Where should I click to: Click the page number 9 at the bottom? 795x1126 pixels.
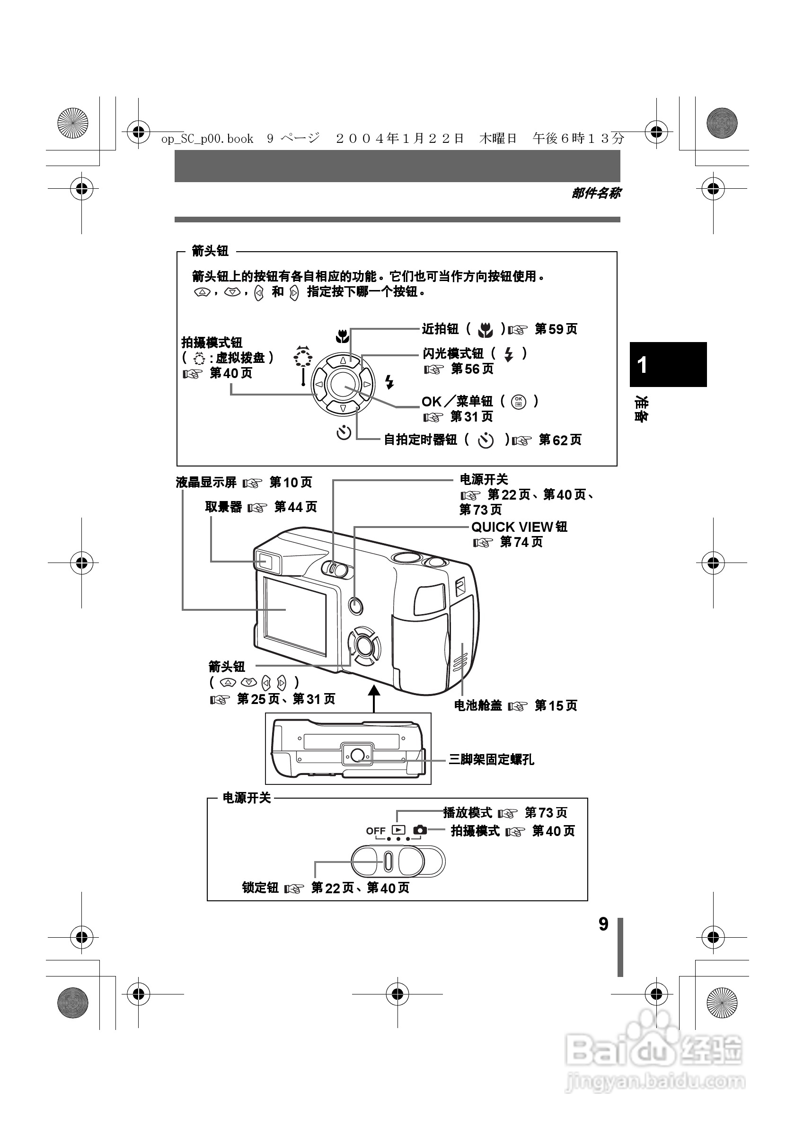[603, 924]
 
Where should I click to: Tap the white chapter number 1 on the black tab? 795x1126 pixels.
[642, 365]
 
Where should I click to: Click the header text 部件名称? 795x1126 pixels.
[596, 193]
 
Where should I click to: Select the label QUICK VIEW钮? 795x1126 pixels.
[519, 527]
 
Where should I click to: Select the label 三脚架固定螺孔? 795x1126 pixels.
[491, 760]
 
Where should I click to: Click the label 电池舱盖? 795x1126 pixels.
[477, 705]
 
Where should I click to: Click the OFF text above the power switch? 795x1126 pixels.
[376, 831]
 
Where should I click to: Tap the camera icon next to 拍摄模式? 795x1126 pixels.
[420, 830]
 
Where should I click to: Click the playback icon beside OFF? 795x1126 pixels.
[398, 830]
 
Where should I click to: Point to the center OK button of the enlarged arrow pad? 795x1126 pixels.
[343, 385]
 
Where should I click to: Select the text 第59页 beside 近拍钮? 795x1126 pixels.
[556, 329]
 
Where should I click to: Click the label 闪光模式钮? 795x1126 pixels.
[453, 353]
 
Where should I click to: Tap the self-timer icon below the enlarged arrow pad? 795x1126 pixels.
[344, 432]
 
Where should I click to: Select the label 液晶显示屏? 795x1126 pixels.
[206, 483]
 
